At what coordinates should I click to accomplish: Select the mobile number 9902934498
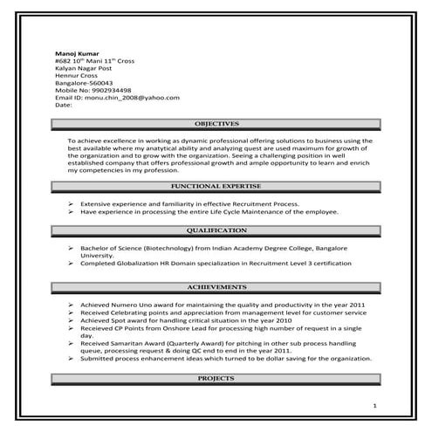106,90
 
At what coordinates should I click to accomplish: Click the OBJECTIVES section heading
216,124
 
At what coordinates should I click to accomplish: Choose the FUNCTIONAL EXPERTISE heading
216,187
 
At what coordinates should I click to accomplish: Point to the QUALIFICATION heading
216,230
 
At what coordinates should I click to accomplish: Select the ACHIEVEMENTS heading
216,287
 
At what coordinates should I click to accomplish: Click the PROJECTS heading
216,380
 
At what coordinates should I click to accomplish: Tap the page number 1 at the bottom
374,407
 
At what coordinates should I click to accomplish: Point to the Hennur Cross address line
75,76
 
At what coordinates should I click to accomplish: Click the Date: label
63,105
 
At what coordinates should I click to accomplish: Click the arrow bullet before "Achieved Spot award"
71,320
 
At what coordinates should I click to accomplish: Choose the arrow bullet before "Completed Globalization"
71,264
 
